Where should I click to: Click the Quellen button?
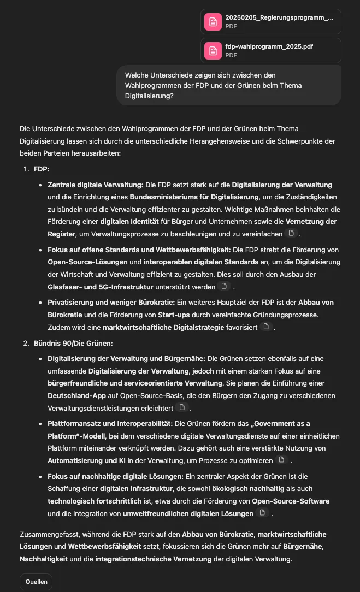tap(36, 582)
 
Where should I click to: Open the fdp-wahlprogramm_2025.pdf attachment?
tap(271, 50)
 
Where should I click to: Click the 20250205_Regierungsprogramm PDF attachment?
tap(271, 21)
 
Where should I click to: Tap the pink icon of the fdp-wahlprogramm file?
tap(213, 50)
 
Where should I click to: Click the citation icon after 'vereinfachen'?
tap(292, 234)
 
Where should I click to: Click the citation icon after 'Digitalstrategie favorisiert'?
tap(267, 327)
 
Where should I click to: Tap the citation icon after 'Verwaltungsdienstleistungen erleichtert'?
tap(182, 407)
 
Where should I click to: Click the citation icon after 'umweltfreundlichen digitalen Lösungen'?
tap(262, 513)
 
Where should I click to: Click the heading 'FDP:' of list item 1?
tap(42, 169)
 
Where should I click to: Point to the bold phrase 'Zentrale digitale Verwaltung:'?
tap(96, 185)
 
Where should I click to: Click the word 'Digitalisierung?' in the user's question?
tap(149, 96)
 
